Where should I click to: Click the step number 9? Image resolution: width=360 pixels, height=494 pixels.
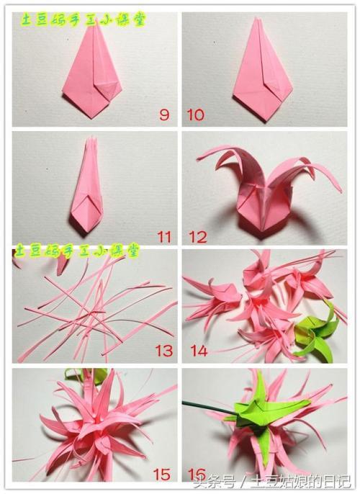click(x=164, y=114)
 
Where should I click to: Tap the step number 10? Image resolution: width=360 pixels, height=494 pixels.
click(x=195, y=114)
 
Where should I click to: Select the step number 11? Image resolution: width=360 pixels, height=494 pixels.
click(x=164, y=235)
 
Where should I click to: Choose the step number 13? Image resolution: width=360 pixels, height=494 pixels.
click(x=163, y=351)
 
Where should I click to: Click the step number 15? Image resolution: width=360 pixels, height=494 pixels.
click(x=162, y=474)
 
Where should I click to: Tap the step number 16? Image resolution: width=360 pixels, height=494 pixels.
click(x=196, y=474)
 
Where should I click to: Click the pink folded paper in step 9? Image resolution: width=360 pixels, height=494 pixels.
click(x=94, y=72)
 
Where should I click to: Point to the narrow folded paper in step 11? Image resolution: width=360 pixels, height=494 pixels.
click(x=88, y=187)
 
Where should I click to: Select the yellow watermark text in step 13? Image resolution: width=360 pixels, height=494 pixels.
click(x=76, y=250)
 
